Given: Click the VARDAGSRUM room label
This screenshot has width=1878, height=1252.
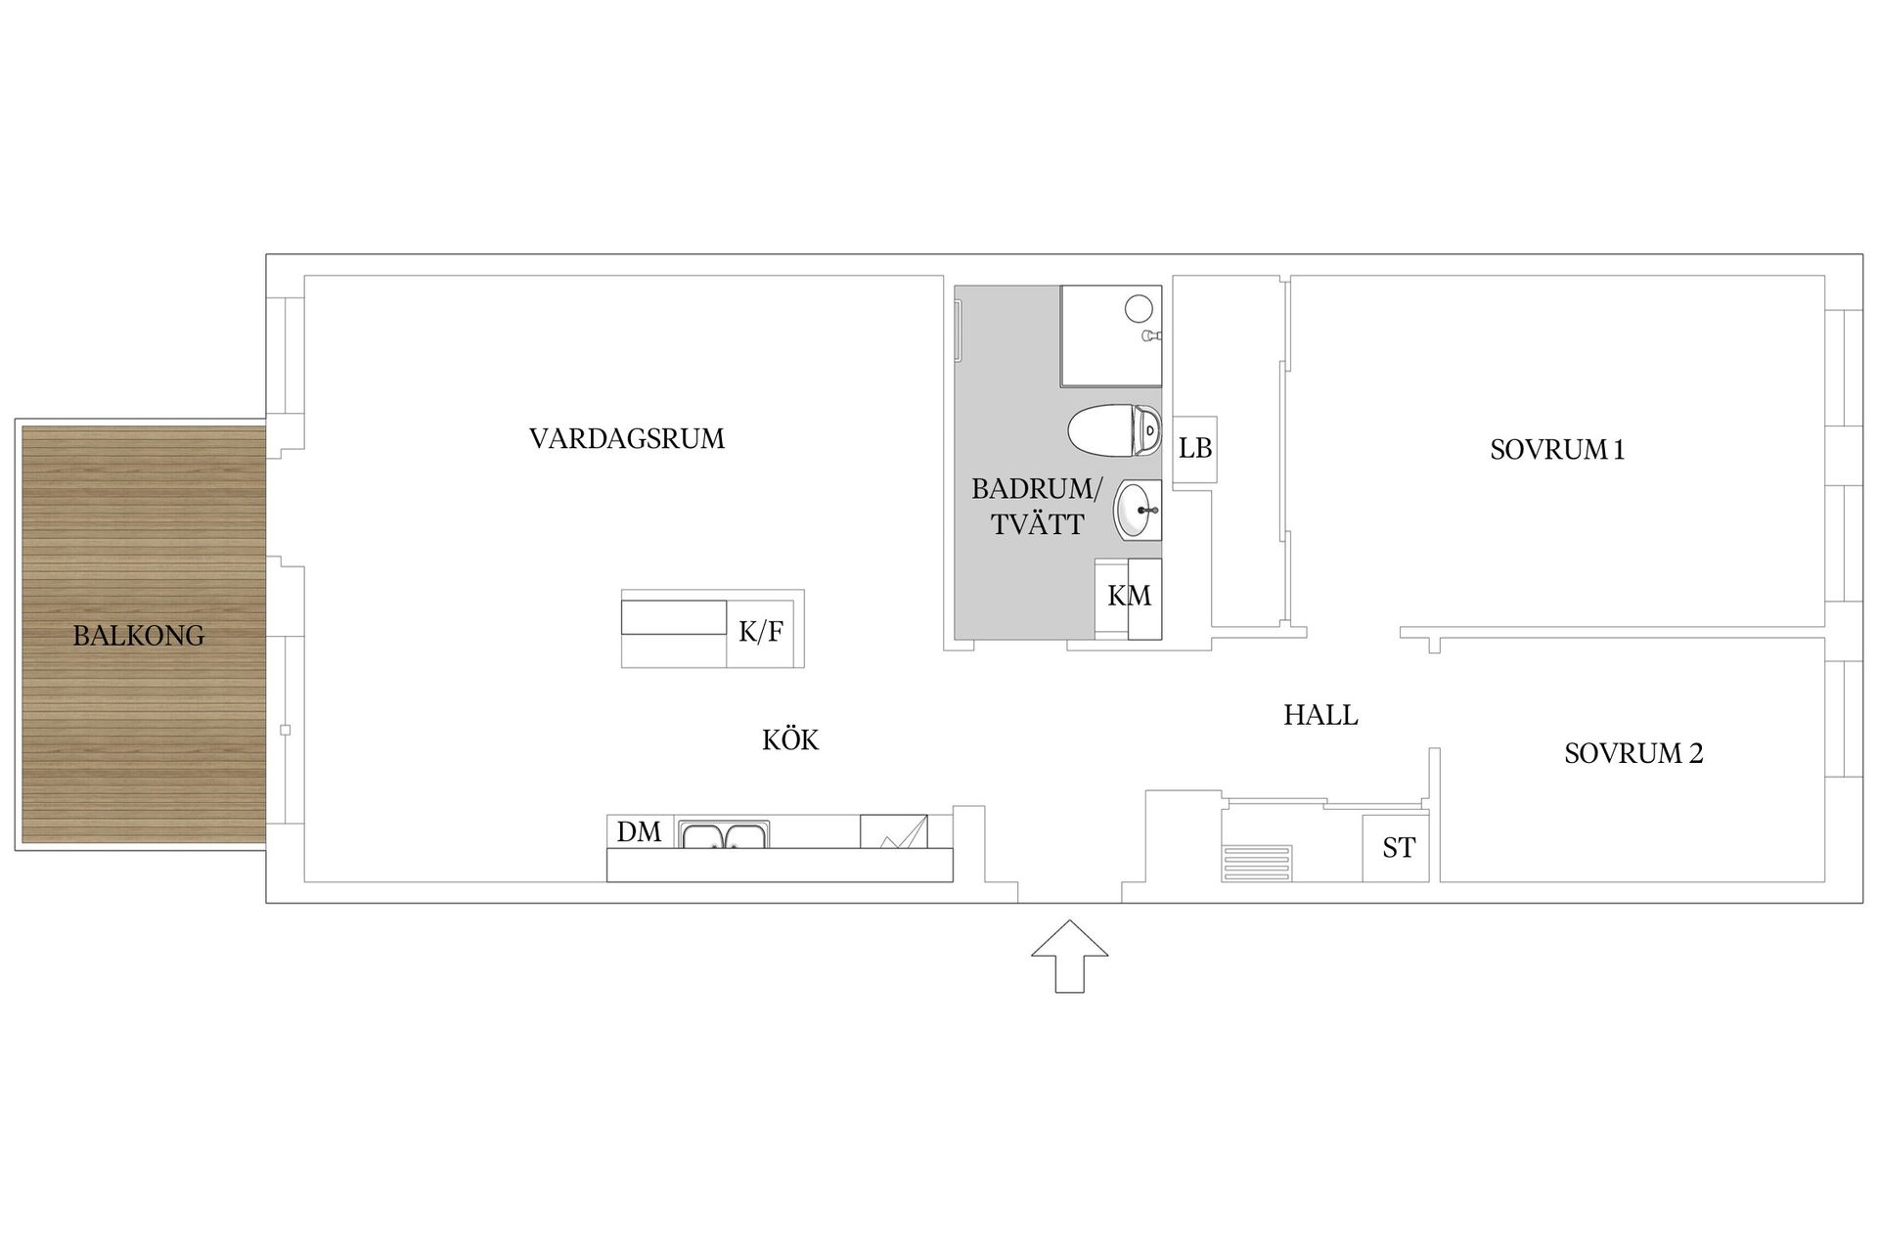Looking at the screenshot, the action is [627, 438].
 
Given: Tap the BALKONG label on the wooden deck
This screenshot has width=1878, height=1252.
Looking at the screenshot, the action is [139, 636].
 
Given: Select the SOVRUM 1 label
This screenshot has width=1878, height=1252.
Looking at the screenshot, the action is [1557, 450].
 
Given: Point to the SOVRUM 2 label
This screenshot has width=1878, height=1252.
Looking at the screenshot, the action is [1633, 753].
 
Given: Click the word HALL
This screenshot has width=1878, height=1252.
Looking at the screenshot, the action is [1320, 715].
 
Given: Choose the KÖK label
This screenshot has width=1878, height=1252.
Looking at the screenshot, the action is [790, 739].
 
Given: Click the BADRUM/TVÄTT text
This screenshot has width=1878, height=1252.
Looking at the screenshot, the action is [1038, 507].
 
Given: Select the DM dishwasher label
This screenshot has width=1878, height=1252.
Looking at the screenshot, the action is [640, 831].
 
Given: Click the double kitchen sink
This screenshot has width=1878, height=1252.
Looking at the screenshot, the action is [724, 834].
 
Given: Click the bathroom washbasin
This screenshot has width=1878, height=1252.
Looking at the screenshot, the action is [1138, 510].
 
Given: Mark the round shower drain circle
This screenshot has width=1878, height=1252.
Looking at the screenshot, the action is [1139, 309].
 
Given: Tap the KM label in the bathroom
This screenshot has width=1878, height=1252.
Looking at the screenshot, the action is [1129, 596].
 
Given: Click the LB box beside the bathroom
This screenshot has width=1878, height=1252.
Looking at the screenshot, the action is [1194, 447].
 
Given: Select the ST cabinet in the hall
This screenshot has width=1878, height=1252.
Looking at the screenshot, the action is [1396, 847].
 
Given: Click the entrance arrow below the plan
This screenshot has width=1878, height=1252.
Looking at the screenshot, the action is [1070, 956].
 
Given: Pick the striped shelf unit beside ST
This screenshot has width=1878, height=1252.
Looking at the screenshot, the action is [1257, 864].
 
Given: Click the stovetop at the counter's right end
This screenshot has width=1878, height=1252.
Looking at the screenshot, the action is [893, 831].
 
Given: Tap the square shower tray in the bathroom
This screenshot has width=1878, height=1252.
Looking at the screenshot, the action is [1111, 335].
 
